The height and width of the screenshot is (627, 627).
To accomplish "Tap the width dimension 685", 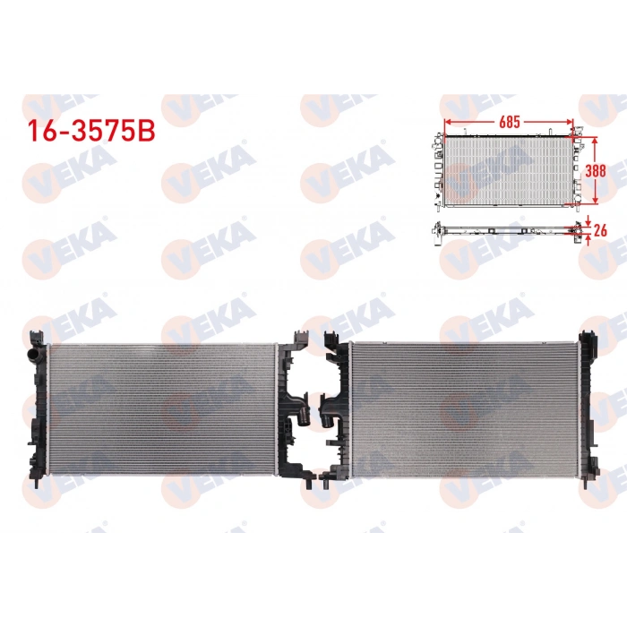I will point(509,120).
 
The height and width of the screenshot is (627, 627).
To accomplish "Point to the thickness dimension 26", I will point(601,229).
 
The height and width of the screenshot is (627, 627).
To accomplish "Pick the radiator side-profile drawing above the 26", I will point(506,228).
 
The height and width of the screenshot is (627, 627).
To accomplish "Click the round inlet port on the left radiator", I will point(37,357).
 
